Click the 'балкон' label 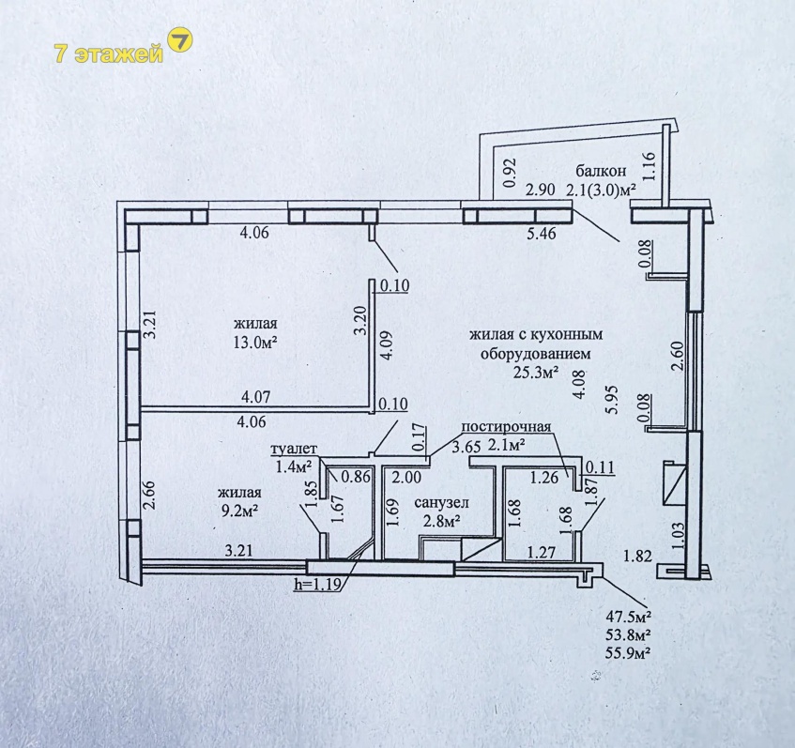[602, 171]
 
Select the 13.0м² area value [255, 343]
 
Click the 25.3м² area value [536, 373]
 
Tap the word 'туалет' [294, 449]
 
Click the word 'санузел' [441, 502]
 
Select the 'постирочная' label [506, 426]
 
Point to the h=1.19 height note [318, 585]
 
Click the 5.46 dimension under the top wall [542, 234]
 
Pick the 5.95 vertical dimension [613, 399]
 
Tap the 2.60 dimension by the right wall [679, 356]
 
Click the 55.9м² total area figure [628, 652]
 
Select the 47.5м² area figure [628, 618]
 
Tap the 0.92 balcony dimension [510, 173]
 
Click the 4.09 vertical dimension [387, 345]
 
